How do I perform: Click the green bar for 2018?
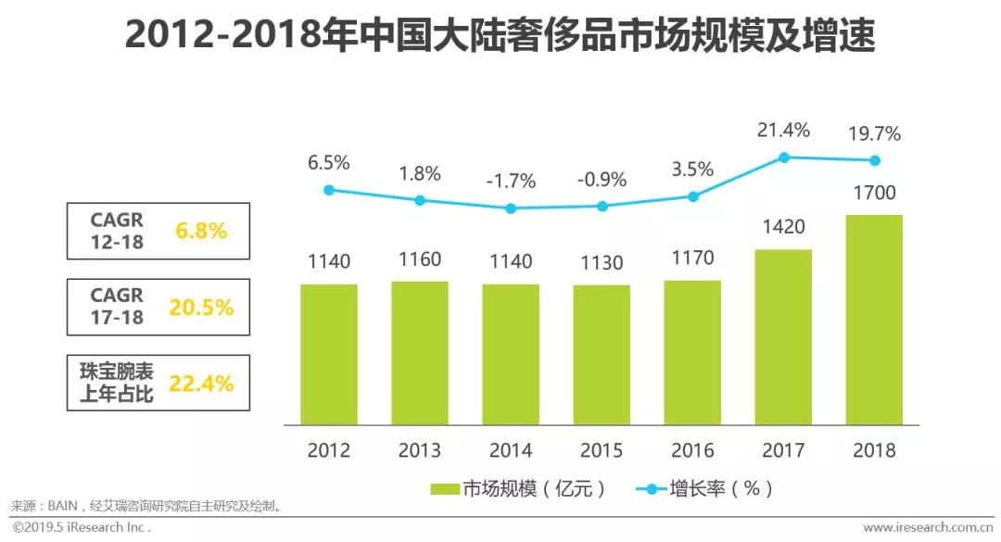(x=874, y=320)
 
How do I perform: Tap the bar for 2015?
(x=602, y=355)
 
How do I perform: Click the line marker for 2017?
(x=783, y=158)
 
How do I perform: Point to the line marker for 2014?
(x=511, y=208)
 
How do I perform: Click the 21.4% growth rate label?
(x=784, y=129)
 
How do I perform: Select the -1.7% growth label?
(x=511, y=182)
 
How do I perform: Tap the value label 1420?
(x=783, y=228)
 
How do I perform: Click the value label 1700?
(x=874, y=194)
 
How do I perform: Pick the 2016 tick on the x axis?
(x=692, y=451)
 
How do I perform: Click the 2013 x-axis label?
(x=420, y=451)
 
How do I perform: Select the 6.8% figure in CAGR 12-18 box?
(x=201, y=231)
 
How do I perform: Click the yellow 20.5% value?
(x=201, y=308)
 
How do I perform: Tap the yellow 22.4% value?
(x=201, y=383)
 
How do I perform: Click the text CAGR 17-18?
(x=117, y=308)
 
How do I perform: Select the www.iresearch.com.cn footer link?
(x=928, y=527)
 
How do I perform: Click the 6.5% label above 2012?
(x=329, y=163)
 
